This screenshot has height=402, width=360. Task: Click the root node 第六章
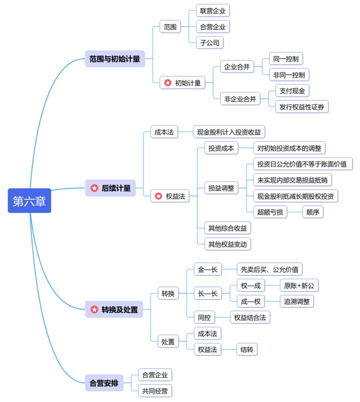point(29,201)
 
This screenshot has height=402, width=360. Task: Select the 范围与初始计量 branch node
point(115,59)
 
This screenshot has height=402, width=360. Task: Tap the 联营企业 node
point(212,11)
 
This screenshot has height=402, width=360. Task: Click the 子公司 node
point(209,43)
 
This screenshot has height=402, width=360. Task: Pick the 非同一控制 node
point(289,75)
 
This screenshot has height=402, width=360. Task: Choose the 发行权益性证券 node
point(302,107)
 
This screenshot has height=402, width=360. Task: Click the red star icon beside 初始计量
point(168,83)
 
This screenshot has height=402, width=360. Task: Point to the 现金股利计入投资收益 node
point(229,132)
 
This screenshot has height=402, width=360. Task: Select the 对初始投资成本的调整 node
point(289,149)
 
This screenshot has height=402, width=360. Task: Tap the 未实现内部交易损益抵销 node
point(295,180)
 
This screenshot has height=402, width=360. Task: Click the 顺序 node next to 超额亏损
point(313,212)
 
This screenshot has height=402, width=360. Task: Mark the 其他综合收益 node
point(227,228)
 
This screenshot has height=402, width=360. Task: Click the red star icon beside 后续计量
point(94,188)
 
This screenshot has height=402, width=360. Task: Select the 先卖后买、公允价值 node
point(269,269)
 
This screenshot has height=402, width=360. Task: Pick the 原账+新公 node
point(299,285)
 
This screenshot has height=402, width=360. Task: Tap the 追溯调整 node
point(296,301)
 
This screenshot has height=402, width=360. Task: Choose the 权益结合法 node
point(249,317)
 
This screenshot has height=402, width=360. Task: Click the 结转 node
point(247,350)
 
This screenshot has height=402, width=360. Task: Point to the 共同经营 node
point(155,391)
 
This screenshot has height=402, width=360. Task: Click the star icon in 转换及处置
point(94,309)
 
